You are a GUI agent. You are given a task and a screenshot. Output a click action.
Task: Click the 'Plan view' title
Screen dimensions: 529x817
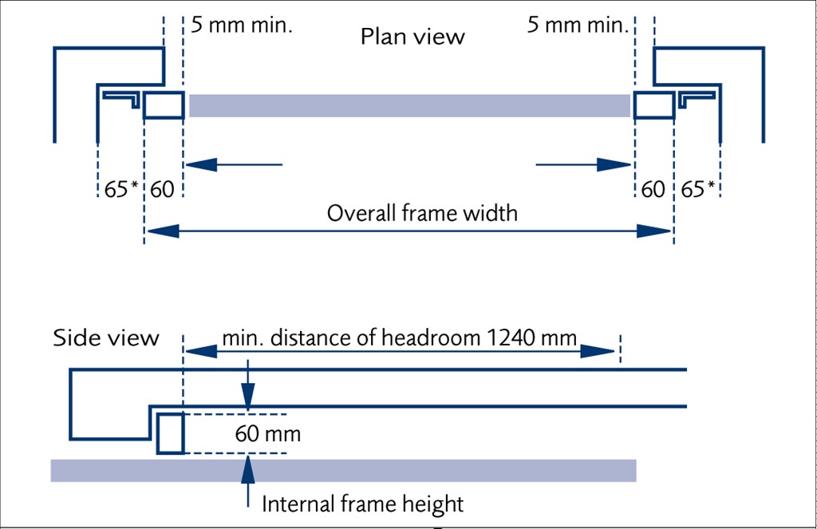412,37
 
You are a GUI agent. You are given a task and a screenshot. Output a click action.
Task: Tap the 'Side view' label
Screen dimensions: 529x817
106,338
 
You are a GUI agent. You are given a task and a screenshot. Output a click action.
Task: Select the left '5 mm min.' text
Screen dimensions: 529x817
242,24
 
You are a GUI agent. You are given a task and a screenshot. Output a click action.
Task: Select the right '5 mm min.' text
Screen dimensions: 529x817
578,24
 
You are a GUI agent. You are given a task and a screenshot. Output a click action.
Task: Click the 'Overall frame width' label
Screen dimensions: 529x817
422,214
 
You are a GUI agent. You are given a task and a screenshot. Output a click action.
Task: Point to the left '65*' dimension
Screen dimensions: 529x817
120,190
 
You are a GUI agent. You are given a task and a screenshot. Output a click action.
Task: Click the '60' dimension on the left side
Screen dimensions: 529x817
162,190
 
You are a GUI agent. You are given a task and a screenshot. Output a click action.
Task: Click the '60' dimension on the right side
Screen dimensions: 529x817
653,190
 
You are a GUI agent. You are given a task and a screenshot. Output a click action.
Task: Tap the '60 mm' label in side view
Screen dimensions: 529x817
268,435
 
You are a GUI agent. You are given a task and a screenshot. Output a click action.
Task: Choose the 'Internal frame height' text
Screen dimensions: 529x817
363,504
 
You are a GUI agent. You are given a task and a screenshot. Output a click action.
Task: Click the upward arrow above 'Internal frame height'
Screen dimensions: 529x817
249,468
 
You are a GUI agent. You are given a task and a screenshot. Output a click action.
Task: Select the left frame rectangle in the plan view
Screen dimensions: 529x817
164,105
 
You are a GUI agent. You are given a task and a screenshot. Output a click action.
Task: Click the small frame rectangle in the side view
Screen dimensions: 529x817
171,433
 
